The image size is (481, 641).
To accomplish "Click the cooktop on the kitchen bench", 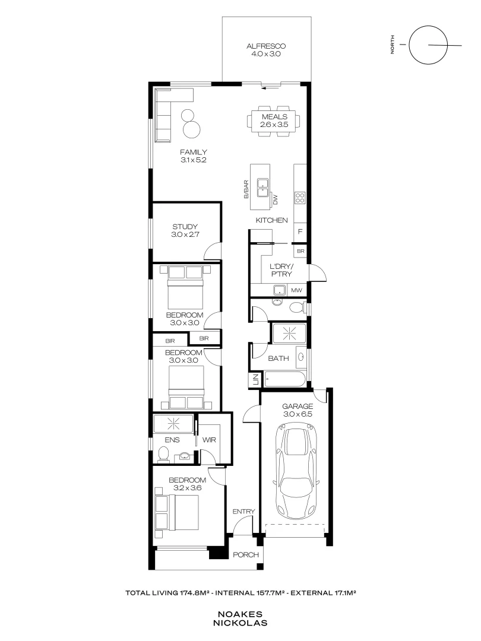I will click(x=300, y=198).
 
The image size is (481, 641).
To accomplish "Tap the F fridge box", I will click(x=300, y=231).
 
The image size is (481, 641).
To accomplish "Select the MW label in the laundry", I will click(x=297, y=290).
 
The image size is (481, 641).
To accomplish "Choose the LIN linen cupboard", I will click(x=255, y=380).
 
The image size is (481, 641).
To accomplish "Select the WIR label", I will click(x=209, y=441).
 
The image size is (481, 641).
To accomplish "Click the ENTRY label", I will click(x=243, y=511).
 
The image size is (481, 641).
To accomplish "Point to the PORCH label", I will click(x=246, y=555).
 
